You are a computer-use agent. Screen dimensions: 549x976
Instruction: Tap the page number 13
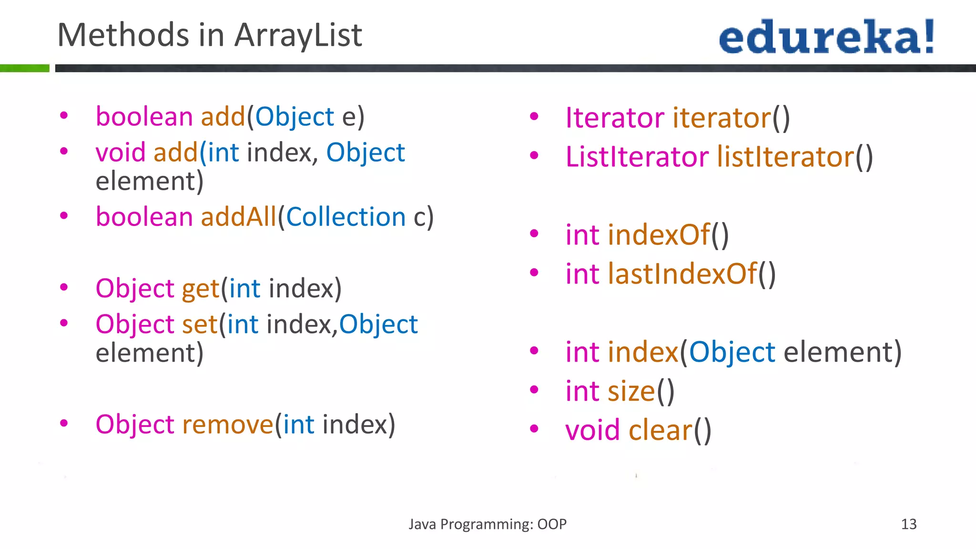pyautogui.click(x=908, y=524)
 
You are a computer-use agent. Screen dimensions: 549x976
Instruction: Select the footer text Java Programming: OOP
pyautogui.click(x=488, y=524)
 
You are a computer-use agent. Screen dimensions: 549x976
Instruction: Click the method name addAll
pyautogui.click(x=238, y=217)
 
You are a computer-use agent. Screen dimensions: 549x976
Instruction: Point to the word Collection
pyautogui.click(x=346, y=217)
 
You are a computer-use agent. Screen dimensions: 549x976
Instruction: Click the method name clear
pyautogui.click(x=660, y=430)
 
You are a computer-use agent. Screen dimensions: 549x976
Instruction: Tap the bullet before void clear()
pyautogui.click(x=534, y=428)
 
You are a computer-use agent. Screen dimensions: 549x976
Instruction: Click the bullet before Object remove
pyautogui.click(x=64, y=423)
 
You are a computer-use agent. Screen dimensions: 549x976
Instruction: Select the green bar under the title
pyautogui.click(x=24, y=68)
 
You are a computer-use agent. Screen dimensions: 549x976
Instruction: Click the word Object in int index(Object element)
pyautogui.click(x=732, y=353)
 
